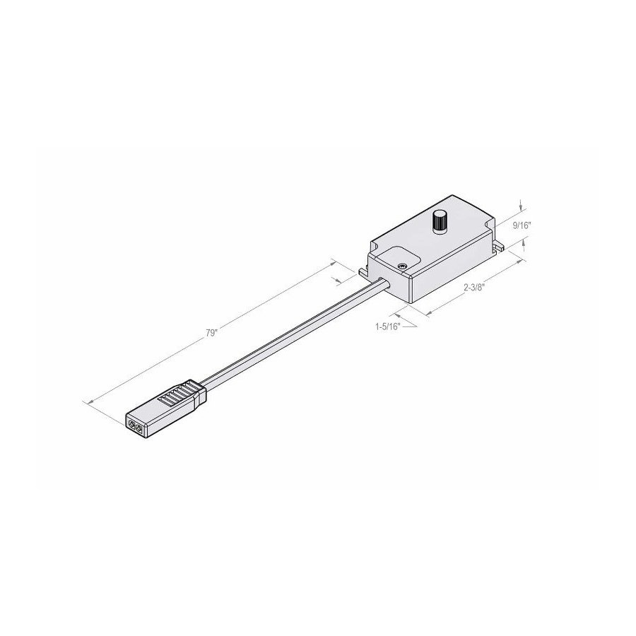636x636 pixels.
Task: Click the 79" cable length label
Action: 212,334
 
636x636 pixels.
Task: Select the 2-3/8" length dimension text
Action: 475,288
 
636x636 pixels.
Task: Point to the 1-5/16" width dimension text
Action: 389,326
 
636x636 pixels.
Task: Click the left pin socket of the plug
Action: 131,424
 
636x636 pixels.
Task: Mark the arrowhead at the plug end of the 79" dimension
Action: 88,402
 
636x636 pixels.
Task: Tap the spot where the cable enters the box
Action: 385,283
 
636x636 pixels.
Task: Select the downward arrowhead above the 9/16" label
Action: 522,208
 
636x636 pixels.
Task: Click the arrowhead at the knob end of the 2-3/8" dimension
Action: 520,262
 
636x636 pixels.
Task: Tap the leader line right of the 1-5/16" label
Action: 410,326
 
